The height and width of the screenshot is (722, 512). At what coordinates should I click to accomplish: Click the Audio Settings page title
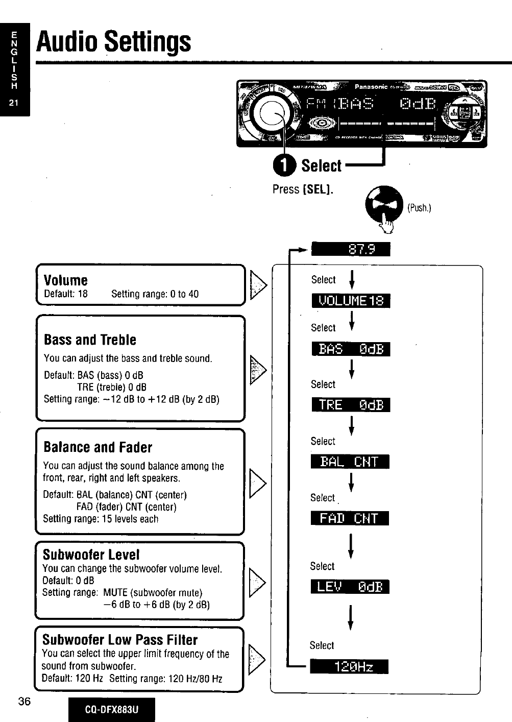(x=113, y=42)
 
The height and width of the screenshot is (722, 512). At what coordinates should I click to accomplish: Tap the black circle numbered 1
(x=284, y=164)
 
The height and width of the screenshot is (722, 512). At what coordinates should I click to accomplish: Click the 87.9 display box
(x=351, y=249)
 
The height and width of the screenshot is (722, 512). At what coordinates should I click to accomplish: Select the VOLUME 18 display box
(x=351, y=301)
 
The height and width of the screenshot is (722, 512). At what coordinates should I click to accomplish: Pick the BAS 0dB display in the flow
(x=351, y=349)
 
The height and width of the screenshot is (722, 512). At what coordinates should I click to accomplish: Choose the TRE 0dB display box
(x=351, y=405)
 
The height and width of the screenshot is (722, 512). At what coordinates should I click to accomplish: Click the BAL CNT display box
(x=350, y=462)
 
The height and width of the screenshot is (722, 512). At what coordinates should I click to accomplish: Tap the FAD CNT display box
(x=350, y=518)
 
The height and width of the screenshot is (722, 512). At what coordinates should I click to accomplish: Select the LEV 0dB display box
(x=350, y=587)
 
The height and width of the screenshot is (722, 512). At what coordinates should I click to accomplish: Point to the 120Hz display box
(x=349, y=667)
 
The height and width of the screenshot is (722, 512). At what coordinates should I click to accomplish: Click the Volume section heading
(x=66, y=280)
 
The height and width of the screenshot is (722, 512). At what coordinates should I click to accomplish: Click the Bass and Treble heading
(x=90, y=340)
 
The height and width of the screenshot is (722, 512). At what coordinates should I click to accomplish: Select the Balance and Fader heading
(x=98, y=447)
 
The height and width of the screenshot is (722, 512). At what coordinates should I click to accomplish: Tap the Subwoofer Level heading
(x=91, y=555)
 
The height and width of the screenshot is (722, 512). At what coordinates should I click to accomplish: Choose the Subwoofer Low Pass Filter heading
(x=120, y=640)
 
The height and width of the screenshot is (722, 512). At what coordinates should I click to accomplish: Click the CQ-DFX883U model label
(x=112, y=710)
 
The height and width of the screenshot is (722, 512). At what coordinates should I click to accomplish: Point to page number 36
(x=25, y=701)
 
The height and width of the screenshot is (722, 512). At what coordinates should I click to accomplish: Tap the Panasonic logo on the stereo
(x=371, y=87)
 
